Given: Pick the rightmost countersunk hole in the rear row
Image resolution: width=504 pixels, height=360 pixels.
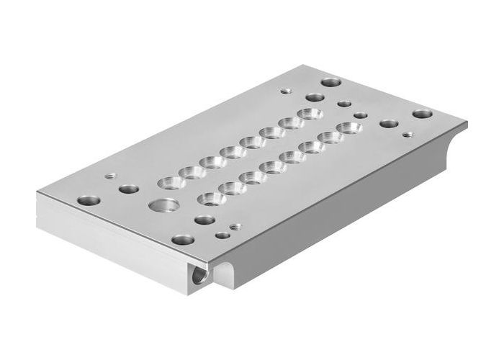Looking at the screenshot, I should pyautogui.click(x=312, y=114).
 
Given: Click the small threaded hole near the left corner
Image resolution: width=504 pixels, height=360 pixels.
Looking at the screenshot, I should pyautogui.click(x=110, y=175).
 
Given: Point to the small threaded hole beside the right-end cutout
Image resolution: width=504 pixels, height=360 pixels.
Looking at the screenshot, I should pyautogui.click(x=408, y=134).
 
